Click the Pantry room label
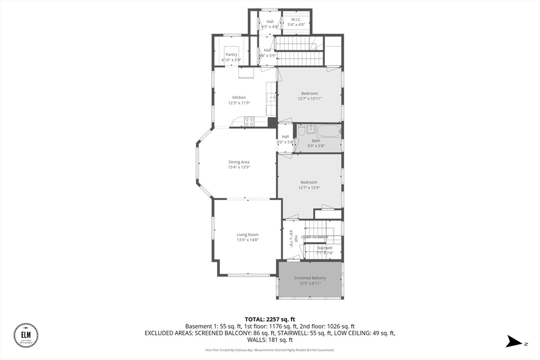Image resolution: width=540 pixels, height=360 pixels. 231,54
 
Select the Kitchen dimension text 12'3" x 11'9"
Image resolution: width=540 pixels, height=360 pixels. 239,103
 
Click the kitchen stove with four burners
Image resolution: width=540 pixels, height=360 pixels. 249,121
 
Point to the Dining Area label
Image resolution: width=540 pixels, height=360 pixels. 239,162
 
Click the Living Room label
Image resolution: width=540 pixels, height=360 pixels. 247,235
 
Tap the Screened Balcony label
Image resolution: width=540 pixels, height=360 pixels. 310,278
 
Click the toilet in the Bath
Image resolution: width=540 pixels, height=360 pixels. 300,130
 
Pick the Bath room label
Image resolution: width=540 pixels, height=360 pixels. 316,141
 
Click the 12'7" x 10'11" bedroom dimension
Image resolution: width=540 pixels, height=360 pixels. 310,99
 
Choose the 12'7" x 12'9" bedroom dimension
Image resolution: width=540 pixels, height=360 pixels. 309,188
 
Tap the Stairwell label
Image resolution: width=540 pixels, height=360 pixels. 324,248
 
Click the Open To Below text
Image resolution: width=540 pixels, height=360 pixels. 315,237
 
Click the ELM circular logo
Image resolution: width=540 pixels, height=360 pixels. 26,336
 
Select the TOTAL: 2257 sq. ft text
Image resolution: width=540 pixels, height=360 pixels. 269,319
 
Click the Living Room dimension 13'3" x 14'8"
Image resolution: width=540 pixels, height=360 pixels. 247,240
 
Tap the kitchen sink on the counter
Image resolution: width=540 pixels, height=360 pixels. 272,97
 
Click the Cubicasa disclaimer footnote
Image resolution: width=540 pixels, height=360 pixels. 269,350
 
